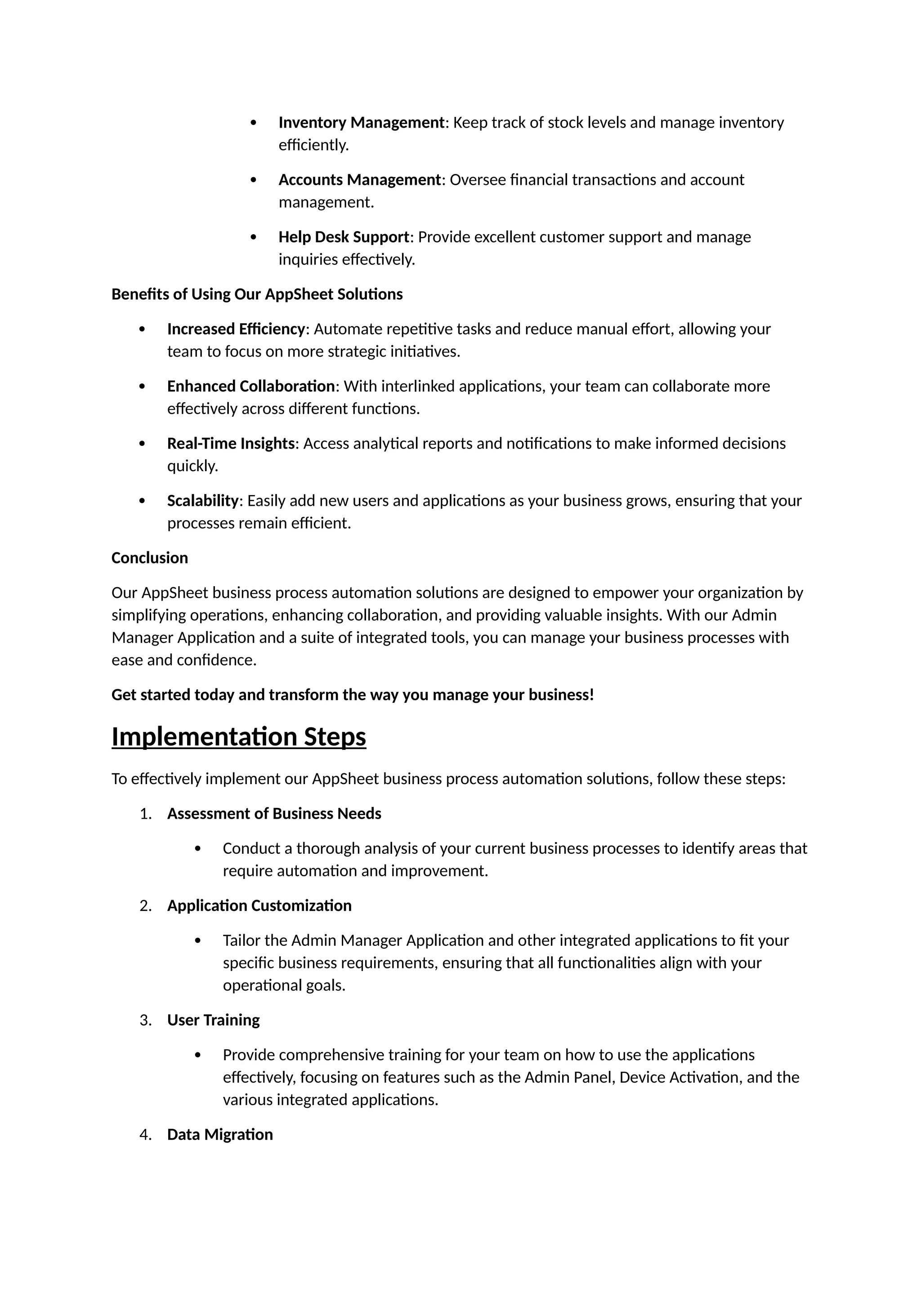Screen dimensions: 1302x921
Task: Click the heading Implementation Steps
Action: pos(239,736)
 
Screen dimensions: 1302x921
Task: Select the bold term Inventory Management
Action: pos(361,122)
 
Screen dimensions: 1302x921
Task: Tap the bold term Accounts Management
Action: pos(360,180)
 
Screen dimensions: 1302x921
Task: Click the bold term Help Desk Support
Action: pos(344,237)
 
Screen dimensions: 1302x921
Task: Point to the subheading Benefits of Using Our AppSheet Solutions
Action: pos(257,294)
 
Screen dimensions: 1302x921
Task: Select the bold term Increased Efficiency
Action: pos(236,329)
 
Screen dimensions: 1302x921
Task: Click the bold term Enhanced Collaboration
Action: pos(250,386)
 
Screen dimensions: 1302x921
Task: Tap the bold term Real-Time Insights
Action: pos(231,443)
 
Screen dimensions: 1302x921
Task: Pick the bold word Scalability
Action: pos(202,501)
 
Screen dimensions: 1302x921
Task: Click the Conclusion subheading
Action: pos(150,558)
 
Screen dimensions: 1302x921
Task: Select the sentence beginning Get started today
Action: pos(352,695)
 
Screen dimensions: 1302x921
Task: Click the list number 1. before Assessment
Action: pos(146,814)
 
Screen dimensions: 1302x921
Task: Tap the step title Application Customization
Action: pos(259,905)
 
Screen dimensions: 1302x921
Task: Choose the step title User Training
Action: pos(213,1020)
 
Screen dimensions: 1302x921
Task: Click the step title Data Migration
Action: pos(220,1135)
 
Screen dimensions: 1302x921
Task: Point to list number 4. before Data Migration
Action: pos(146,1135)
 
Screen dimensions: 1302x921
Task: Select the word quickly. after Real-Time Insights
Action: pos(193,466)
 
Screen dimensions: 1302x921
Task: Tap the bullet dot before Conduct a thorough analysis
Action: pos(198,848)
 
